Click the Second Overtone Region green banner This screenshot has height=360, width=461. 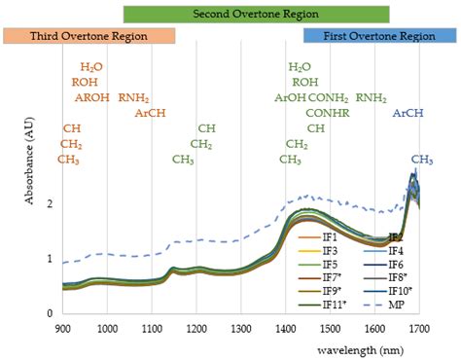pyautogui.click(x=256, y=14)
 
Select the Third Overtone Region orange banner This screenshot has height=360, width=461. pyautogui.click(x=89, y=36)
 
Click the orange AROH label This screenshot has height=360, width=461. pyautogui.click(x=91, y=97)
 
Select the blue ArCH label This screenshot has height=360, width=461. pyautogui.click(x=408, y=113)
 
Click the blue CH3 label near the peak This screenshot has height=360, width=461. pyautogui.click(x=421, y=159)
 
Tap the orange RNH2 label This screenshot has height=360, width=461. pyautogui.click(x=134, y=97)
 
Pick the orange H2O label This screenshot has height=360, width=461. pyautogui.click(x=91, y=67)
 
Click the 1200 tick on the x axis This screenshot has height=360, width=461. pyautogui.click(x=196, y=329)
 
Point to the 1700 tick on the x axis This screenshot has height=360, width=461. pyautogui.click(x=420, y=329)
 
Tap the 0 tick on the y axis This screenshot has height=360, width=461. pyautogui.click(x=49, y=313)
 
